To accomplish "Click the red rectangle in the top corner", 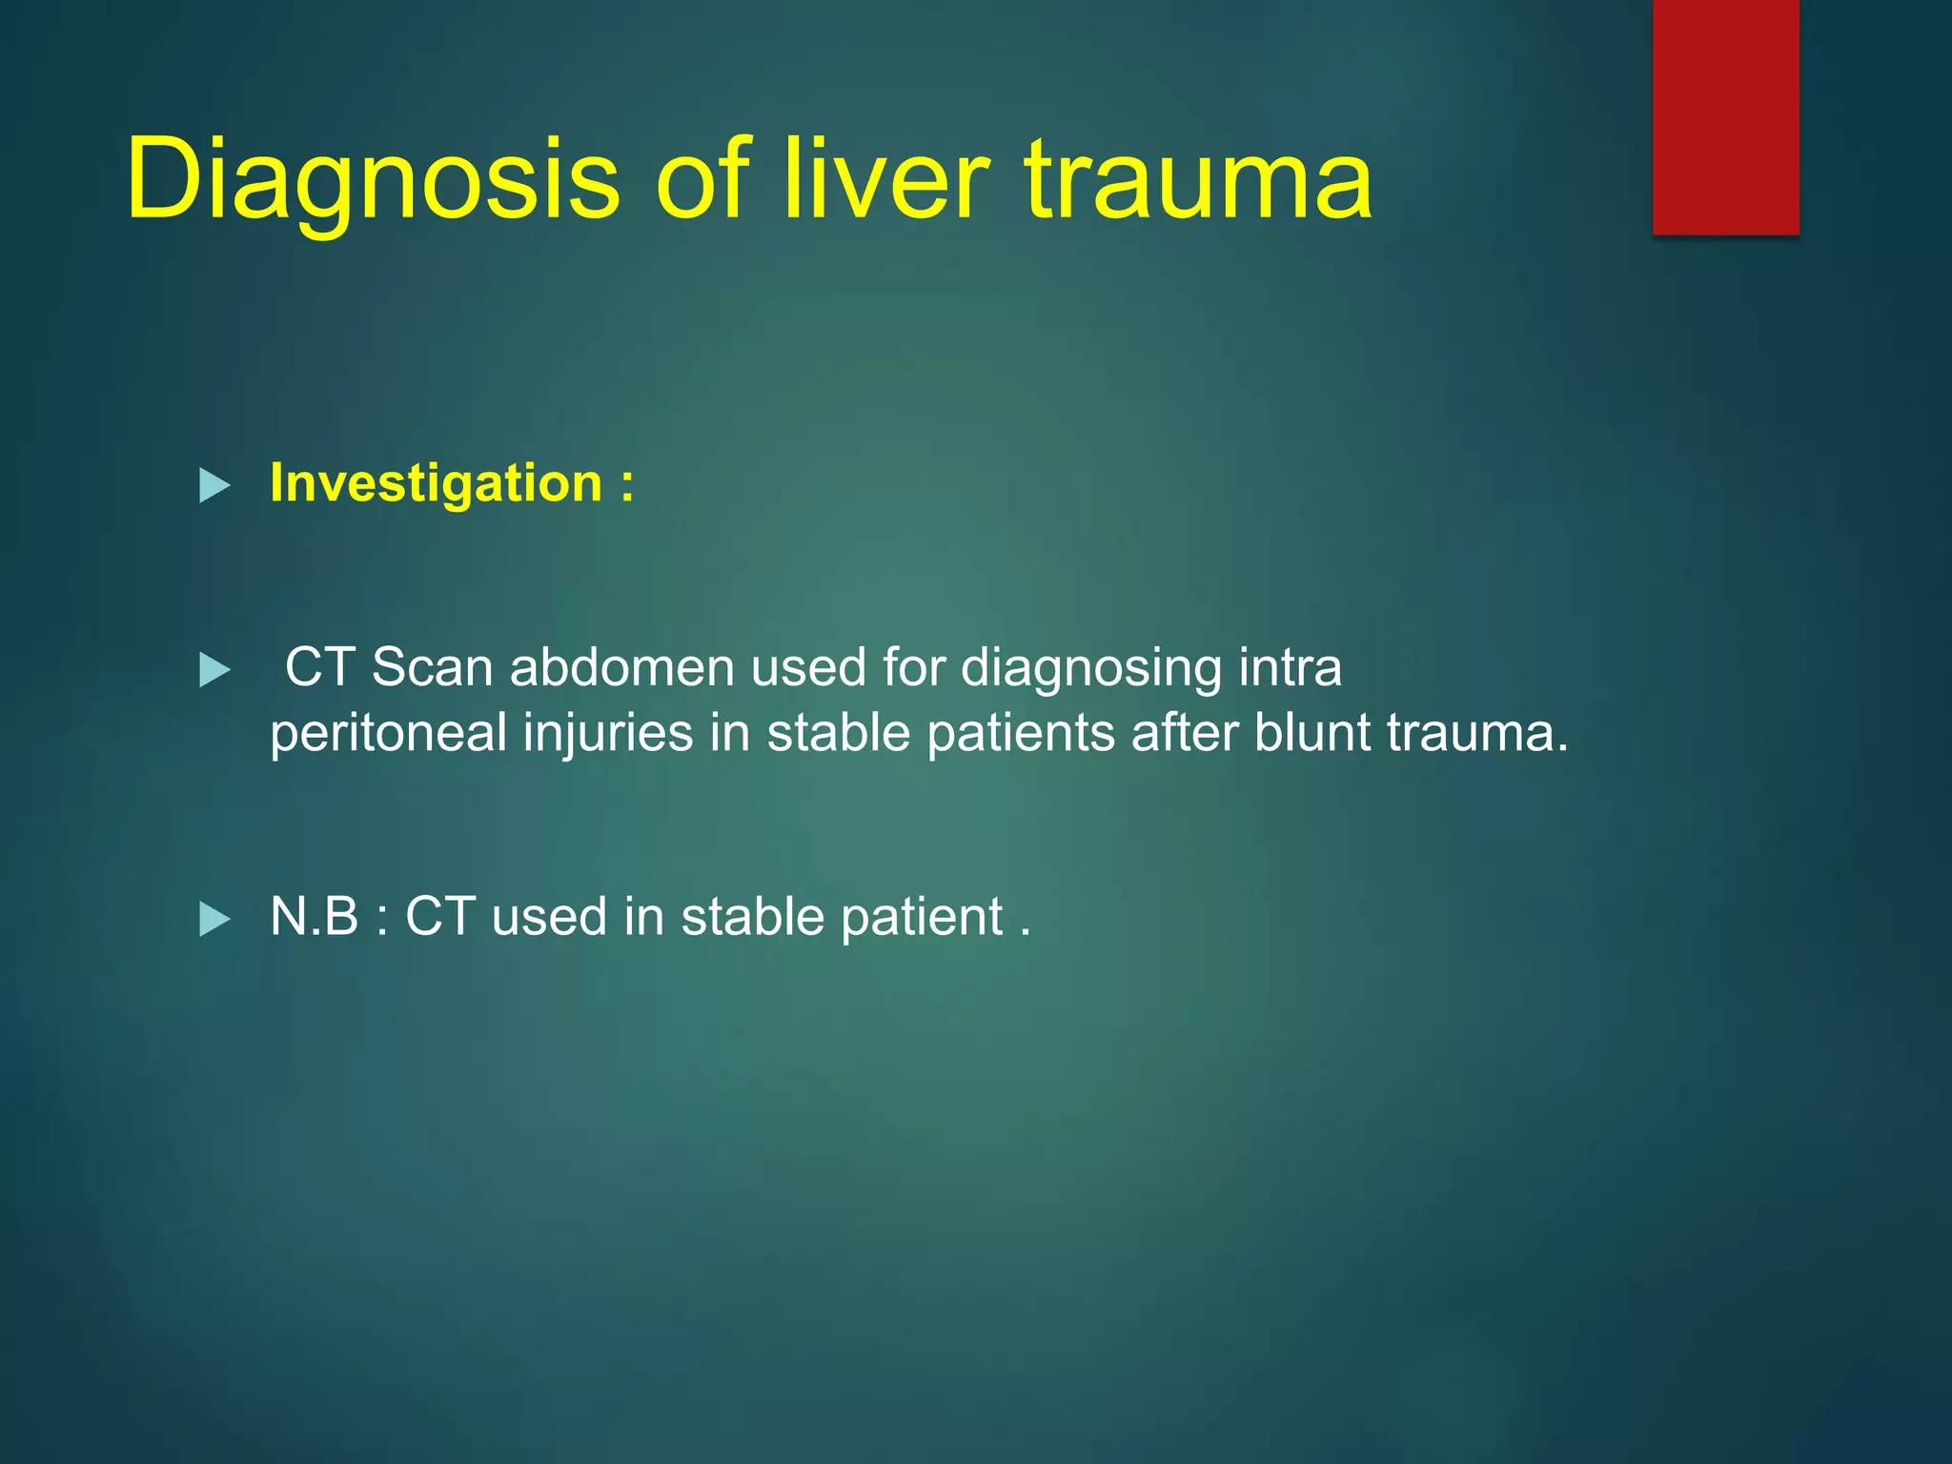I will pos(1725,116).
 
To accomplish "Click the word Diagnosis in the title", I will pos(373,179).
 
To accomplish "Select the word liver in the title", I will pos(885,179).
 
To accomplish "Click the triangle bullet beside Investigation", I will pos(214,486).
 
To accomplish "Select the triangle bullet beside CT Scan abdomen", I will pos(214,670).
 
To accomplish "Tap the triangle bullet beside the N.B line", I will pos(214,920).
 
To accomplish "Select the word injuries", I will pos(608,734).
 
